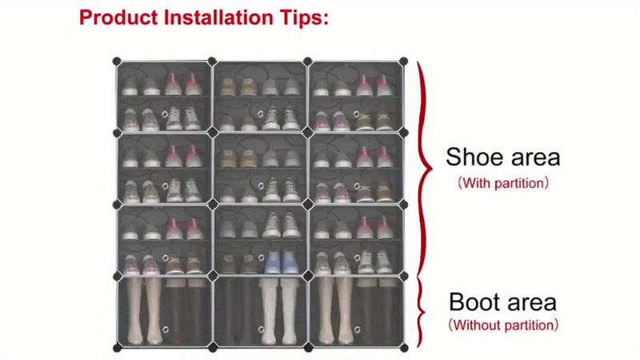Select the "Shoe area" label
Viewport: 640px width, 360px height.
point(502,157)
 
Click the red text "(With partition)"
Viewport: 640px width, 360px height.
point(502,183)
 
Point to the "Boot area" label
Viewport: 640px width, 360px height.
point(502,302)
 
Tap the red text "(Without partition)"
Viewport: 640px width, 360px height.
point(502,326)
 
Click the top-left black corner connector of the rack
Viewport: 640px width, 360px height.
point(116,61)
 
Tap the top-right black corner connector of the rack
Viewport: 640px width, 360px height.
point(404,61)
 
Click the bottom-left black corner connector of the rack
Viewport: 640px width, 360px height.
point(116,348)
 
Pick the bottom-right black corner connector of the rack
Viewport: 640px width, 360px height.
point(404,348)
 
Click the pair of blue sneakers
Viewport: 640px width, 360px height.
point(281,262)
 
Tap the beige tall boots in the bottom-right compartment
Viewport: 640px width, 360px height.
point(336,308)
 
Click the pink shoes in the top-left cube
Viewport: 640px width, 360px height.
point(183,84)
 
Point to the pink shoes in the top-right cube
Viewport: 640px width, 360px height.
point(374,85)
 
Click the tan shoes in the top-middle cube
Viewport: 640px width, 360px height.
point(228,86)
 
